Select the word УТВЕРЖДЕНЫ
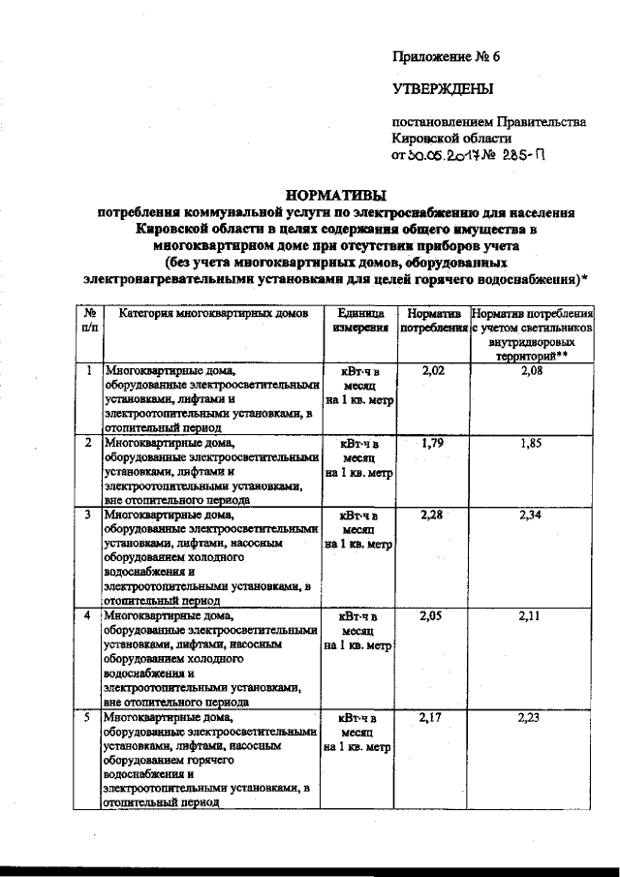click(442, 90)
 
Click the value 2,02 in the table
click(432, 371)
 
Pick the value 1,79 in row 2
click(432, 443)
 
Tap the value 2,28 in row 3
click(432, 515)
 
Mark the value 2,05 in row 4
click(432, 615)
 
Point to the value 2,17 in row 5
click(432, 717)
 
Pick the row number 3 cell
click(89, 515)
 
